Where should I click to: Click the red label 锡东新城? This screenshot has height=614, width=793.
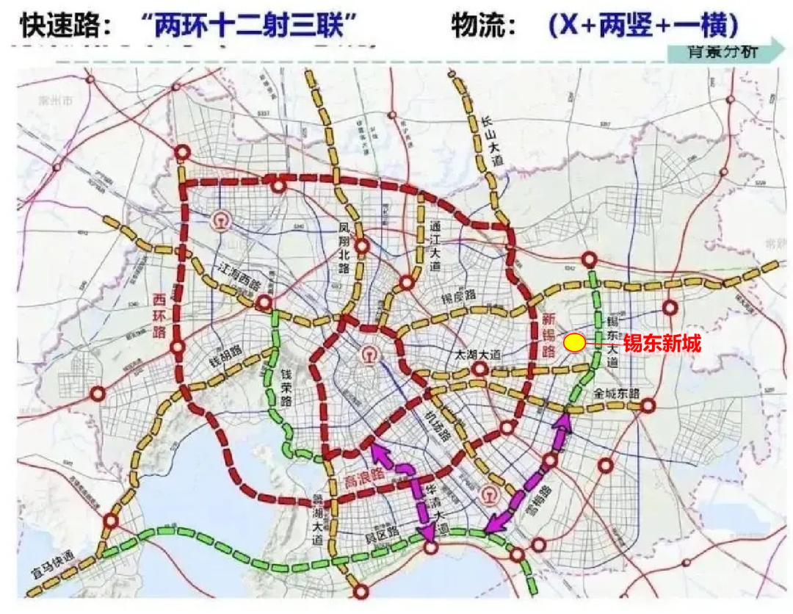pos(662,344)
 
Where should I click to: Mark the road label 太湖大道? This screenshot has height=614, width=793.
pos(478,353)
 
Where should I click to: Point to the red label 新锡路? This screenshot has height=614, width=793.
pos(549,336)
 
